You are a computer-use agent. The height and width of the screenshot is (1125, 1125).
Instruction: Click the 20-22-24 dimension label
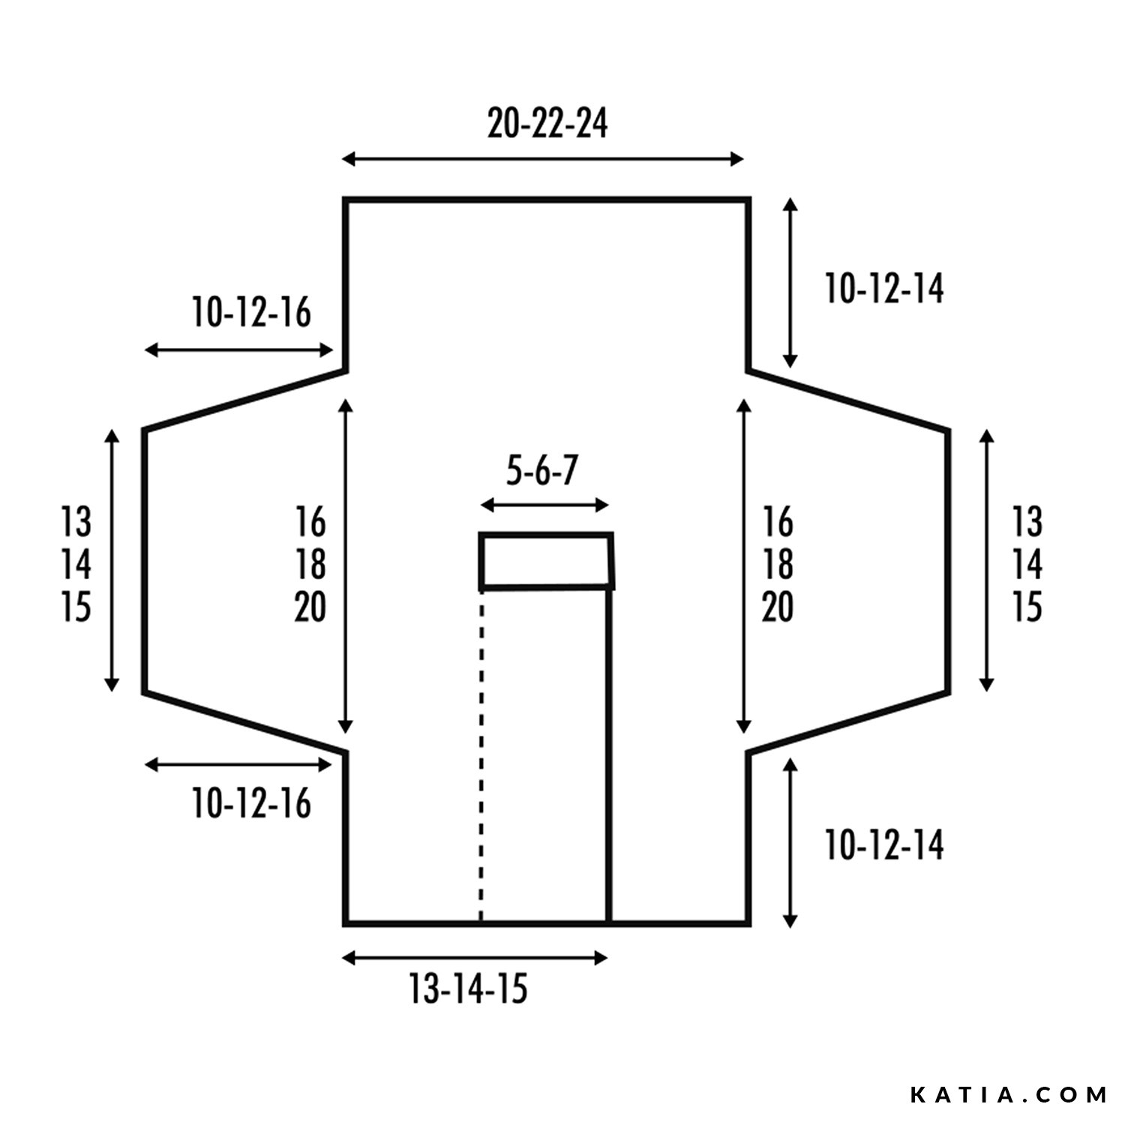(547, 124)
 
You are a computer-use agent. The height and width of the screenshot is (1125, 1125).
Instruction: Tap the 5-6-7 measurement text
(542, 472)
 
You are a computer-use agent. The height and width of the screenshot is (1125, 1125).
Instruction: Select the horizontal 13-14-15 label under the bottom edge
(468, 988)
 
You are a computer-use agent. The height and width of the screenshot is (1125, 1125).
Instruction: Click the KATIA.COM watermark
(1009, 1095)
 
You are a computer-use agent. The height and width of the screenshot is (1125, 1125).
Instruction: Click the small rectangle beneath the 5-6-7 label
(547, 561)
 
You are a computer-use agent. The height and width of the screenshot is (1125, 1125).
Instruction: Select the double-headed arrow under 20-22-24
(544, 159)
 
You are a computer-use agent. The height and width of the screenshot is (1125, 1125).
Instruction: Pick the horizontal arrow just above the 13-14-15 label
(475, 958)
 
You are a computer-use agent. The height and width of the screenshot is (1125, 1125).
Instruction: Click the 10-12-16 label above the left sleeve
(251, 313)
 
